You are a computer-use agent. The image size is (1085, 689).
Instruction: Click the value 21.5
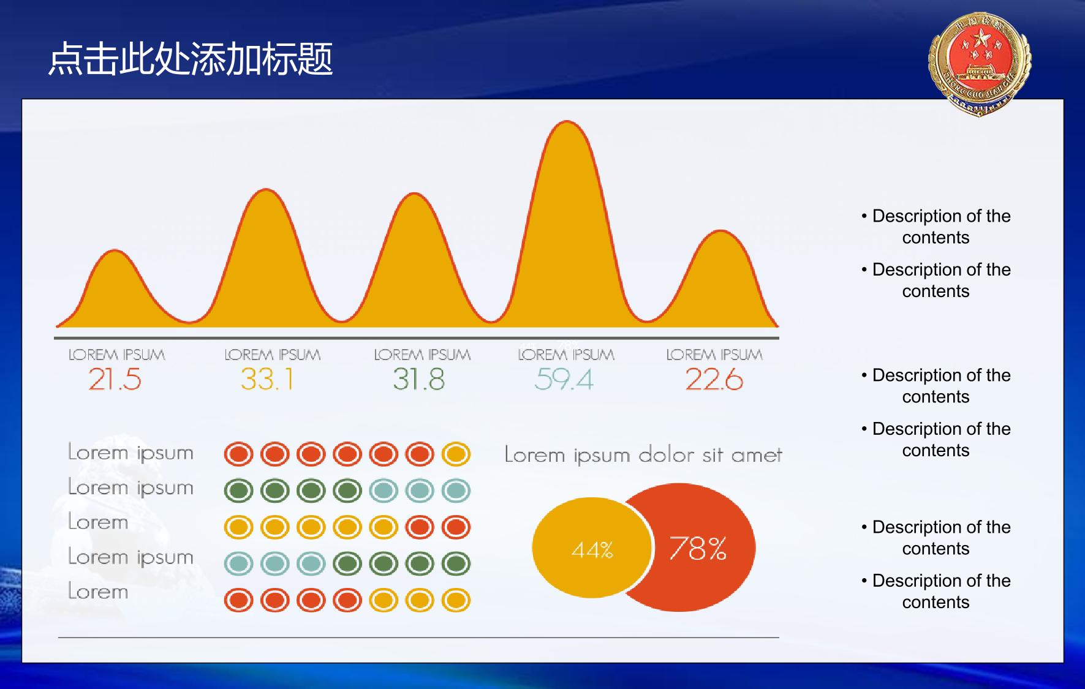(x=115, y=379)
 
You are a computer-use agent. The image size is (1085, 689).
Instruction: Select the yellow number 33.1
(x=267, y=379)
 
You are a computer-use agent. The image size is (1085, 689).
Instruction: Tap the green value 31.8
(x=418, y=379)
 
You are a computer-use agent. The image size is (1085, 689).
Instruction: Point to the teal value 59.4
(x=564, y=379)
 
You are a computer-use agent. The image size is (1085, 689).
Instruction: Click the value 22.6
(x=714, y=379)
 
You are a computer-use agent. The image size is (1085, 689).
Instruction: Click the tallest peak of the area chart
(x=567, y=122)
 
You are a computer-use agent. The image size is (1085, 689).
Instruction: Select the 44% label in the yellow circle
(x=592, y=550)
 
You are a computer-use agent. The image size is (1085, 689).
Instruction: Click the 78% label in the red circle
(x=698, y=548)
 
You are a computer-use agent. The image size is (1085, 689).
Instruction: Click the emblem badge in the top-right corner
(x=980, y=64)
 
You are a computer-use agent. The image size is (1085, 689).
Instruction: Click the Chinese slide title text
(x=191, y=59)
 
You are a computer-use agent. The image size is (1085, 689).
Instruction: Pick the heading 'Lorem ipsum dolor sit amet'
(x=643, y=454)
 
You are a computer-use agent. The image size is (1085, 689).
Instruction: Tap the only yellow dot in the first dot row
(x=456, y=454)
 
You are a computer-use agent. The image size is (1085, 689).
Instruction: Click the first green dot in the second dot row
(x=238, y=491)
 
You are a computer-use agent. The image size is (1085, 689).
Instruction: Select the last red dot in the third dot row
(x=456, y=527)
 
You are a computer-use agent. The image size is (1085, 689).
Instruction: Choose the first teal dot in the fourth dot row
(x=238, y=563)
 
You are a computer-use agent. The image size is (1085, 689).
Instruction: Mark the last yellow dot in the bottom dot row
(x=456, y=600)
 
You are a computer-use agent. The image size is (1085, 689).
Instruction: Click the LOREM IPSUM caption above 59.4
(x=566, y=355)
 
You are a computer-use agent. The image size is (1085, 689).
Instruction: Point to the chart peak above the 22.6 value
(x=721, y=232)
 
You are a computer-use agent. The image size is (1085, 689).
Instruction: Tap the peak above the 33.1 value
(x=267, y=190)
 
